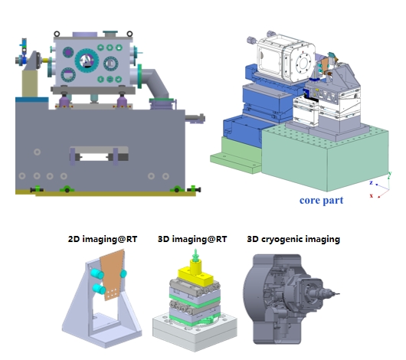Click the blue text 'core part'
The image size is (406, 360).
point(321,200)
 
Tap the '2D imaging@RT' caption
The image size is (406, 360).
point(103,239)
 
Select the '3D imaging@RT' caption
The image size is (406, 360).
point(192,239)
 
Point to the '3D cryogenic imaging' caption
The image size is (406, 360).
point(293,239)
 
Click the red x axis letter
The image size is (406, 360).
point(372,195)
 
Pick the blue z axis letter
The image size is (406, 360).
point(371,182)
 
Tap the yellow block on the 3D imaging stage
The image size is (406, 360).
point(196,274)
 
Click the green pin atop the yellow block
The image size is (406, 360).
point(195,256)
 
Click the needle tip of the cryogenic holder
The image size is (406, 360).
point(339,293)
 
